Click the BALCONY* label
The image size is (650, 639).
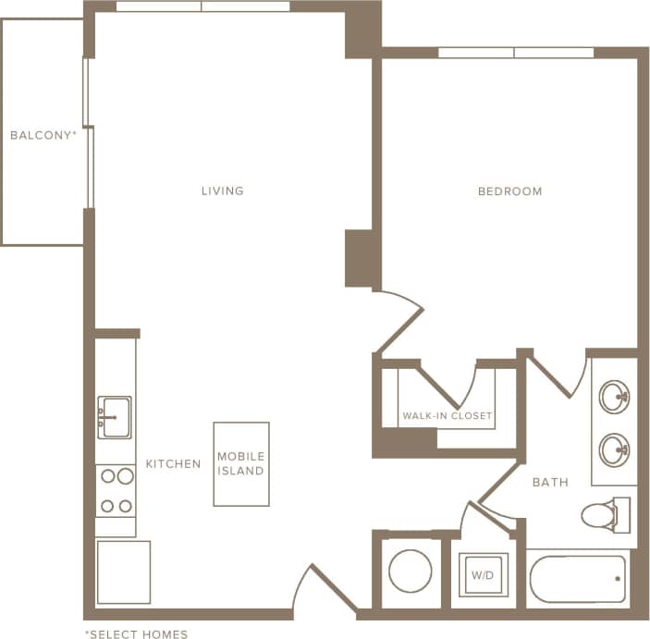43,135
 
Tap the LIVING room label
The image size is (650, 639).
223,191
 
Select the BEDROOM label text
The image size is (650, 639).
509,191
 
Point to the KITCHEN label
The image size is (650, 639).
173,463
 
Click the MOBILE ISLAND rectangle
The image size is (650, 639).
241,464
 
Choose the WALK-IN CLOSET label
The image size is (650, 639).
447,416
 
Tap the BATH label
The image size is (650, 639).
550,482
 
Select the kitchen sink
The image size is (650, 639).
115,417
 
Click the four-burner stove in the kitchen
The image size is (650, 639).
116,491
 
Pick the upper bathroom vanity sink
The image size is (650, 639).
614,398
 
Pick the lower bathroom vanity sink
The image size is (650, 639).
614,451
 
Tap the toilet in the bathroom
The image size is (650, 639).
607,514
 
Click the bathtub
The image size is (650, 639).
578,579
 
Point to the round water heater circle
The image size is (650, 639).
411,571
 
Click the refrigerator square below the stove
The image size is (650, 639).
123,572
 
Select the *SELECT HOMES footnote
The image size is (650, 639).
136,633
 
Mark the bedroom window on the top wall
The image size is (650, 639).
515,53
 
